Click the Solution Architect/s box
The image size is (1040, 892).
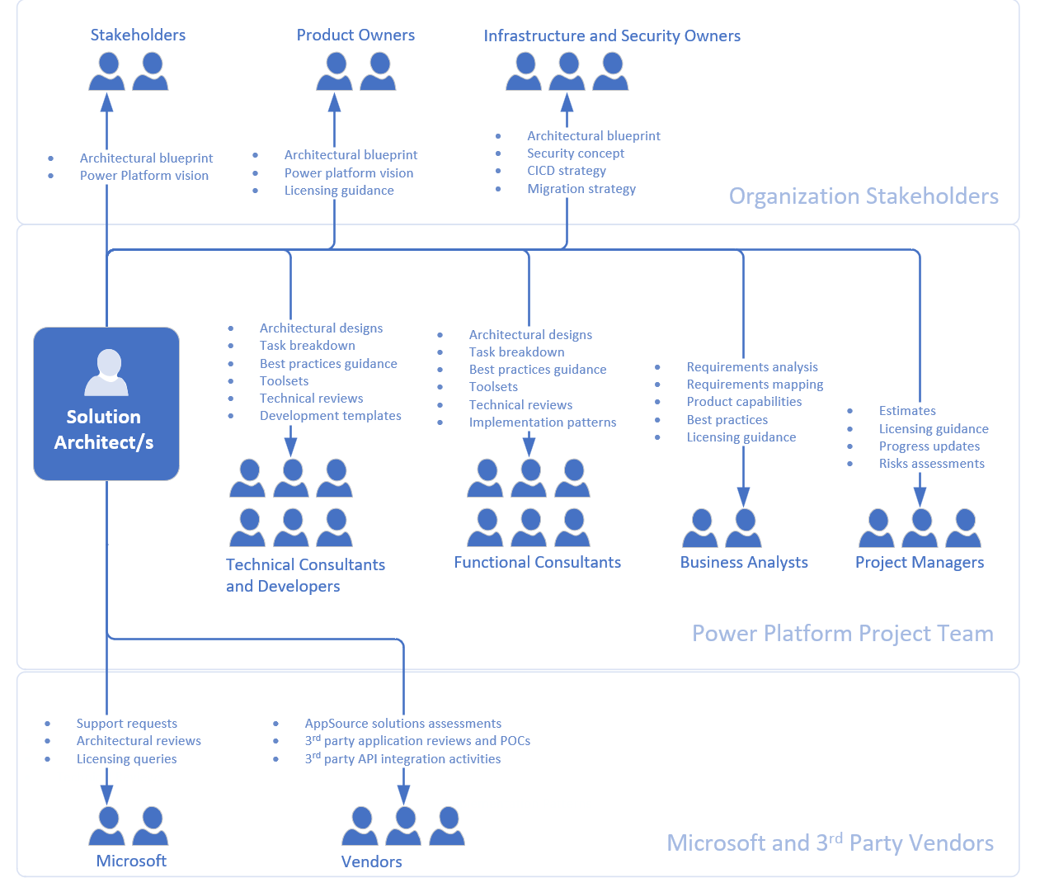click(106, 404)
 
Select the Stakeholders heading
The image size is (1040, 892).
click(138, 35)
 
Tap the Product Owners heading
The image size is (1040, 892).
click(355, 35)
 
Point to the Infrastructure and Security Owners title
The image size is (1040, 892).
click(612, 35)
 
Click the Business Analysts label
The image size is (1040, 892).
click(744, 562)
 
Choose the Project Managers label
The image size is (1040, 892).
click(920, 562)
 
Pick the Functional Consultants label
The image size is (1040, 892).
click(537, 562)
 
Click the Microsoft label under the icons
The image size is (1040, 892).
click(131, 861)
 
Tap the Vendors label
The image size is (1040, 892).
click(372, 861)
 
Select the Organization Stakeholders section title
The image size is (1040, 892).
click(864, 196)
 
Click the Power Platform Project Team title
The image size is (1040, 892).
click(842, 633)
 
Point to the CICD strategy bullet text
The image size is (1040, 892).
click(567, 171)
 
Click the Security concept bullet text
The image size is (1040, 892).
click(576, 153)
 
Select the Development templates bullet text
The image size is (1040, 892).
click(330, 416)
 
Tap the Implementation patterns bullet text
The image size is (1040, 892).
click(543, 422)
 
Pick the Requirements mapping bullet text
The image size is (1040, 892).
click(755, 385)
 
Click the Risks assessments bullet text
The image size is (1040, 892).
click(931, 464)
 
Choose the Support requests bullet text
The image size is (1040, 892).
click(127, 724)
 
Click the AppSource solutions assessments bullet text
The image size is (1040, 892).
click(402, 724)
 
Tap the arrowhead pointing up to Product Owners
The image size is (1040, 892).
click(334, 102)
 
